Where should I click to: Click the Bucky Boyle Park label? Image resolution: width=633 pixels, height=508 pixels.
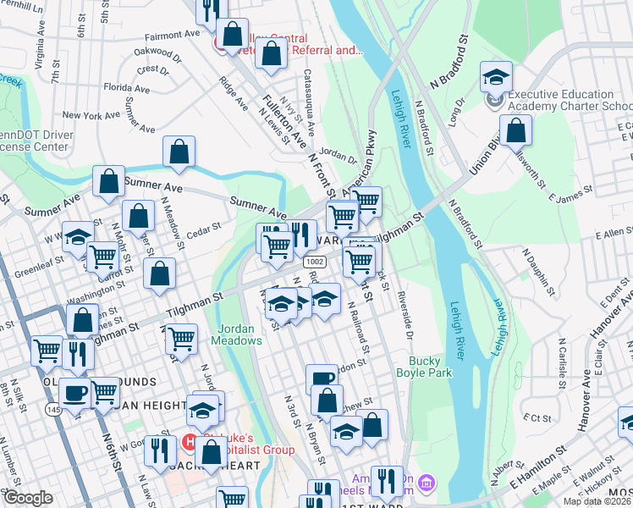click(x=423, y=366)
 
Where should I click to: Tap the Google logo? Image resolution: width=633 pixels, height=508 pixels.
click(x=28, y=498)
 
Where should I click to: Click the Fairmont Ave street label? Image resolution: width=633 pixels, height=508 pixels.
click(x=172, y=36)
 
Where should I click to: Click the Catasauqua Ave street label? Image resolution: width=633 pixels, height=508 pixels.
click(x=309, y=101)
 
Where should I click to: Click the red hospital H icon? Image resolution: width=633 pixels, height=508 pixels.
click(x=190, y=440)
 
